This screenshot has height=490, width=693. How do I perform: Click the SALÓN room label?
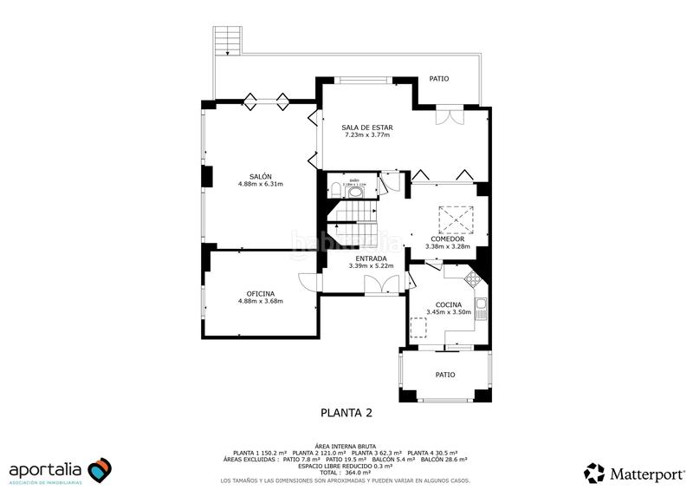tap(260, 176)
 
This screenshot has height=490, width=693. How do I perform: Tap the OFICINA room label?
tap(260, 293)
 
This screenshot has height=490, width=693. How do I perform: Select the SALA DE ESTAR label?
tap(366, 127)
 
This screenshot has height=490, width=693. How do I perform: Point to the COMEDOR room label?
tap(447, 238)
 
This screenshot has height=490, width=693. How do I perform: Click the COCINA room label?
tap(447, 304)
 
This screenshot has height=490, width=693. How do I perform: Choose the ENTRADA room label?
tap(371, 258)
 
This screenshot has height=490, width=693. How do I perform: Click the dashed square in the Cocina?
tap(418, 327)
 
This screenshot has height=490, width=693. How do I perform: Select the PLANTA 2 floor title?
tap(346, 413)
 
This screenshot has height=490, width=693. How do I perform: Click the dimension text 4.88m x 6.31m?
tap(260, 184)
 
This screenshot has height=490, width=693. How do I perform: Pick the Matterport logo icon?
tap(594, 473)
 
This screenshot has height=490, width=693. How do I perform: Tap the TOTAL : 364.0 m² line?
tap(346, 473)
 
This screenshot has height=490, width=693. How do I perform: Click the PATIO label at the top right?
tap(439, 79)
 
